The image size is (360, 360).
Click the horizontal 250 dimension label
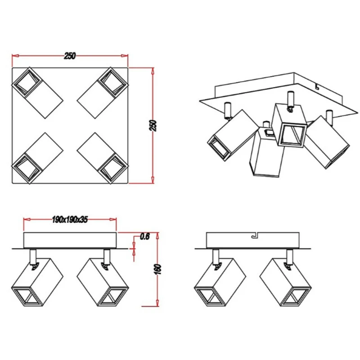pyautogui.click(x=70, y=56)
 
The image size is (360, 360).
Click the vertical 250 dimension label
pyautogui.click(x=153, y=126)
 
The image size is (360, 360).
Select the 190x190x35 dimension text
pyautogui.click(x=70, y=220)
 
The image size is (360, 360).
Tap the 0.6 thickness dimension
pyautogui.click(x=145, y=237)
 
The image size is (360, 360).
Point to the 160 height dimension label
pyautogui.click(x=158, y=269)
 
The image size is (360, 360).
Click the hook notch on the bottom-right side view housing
pyautogui.click(x=255, y=235)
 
